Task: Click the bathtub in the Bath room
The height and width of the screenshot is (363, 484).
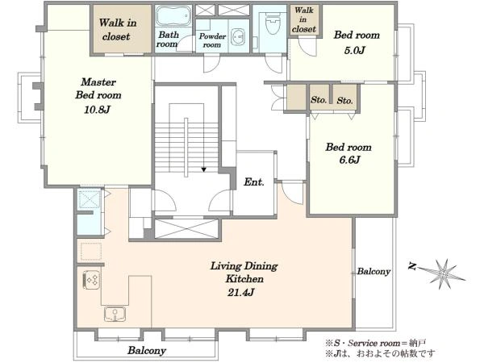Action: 173,16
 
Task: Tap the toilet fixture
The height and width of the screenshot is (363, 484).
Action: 273,23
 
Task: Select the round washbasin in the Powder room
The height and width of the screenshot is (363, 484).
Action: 237,37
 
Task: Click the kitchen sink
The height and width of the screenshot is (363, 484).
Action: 115,315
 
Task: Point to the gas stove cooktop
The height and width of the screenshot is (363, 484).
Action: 91,280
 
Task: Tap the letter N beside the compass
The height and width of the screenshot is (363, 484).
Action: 412,266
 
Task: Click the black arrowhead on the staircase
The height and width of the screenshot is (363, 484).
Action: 204,169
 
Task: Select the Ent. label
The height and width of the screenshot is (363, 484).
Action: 254,181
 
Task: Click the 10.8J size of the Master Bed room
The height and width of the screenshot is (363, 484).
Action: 97,109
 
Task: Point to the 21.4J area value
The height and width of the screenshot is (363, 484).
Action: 240,292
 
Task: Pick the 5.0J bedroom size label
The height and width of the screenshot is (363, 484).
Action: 355,50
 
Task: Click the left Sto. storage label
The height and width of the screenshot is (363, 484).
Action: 319,100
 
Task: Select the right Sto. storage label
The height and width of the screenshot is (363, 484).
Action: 344,101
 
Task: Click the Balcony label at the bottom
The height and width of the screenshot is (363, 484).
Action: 147,350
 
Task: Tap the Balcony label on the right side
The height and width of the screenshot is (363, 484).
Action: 373,271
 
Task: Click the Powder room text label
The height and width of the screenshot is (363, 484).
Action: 212,40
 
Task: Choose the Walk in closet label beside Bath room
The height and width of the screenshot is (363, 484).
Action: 118,30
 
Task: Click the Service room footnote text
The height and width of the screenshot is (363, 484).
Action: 375,343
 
